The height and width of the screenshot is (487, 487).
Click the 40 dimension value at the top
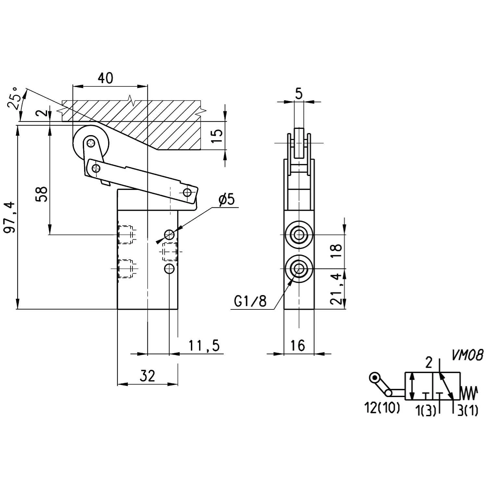(x=106, y=78)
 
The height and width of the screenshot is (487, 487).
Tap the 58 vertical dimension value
(x=42, y=194)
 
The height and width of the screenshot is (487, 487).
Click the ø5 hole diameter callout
(x=227, y=200)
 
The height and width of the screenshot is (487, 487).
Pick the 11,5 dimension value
(x=205, y=346)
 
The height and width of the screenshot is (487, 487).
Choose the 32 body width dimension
(x=148, y=376)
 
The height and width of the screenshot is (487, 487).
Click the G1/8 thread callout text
(x=250, y=302)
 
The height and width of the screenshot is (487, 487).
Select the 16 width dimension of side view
(x=297, y=345)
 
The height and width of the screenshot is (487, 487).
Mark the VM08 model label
(x=468, y=355)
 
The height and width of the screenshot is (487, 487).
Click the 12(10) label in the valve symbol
(x=382, y=408)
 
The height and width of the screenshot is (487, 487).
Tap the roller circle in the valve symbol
(x=375, y=378)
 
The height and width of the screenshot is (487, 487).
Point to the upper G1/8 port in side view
(x=298, y=234)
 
